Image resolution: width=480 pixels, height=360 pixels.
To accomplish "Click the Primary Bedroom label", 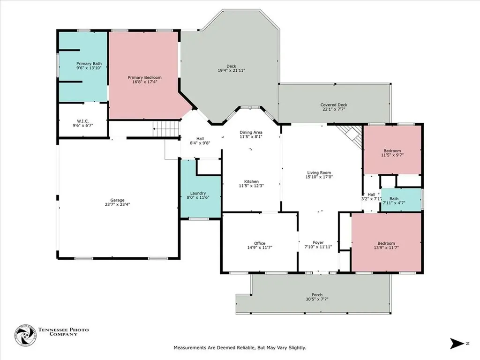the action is click(144, 77).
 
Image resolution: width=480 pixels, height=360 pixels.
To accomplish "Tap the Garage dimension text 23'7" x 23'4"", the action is click(118, 204).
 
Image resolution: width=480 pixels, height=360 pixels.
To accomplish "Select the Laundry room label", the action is click(198, 193).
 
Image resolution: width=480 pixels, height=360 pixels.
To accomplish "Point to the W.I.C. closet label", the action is click(82, 121).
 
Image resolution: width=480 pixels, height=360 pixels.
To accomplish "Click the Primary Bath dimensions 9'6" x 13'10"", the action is click(89, 68).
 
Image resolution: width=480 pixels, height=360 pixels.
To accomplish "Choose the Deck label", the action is click(232, 66).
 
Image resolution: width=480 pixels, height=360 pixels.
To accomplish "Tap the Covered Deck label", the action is click(334, 105).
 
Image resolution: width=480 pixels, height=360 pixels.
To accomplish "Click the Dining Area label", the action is click(251, 132).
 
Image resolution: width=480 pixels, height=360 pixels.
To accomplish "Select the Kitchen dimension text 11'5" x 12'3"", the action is click(251, 186).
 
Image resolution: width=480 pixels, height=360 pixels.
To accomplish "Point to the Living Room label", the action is click(319, 172).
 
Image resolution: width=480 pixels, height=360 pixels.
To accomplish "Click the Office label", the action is click(260, 243).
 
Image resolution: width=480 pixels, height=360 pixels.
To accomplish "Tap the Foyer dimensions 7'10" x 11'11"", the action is click(318, 247).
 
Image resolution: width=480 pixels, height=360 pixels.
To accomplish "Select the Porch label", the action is click(317, 295).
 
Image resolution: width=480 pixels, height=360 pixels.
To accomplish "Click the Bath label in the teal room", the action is click(394, 199).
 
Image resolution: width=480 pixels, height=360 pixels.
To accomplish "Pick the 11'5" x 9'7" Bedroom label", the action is click(392, 150).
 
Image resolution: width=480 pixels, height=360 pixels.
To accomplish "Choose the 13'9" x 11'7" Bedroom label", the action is click(386, 243).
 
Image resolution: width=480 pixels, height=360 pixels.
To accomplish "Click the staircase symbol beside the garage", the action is click(166, 128).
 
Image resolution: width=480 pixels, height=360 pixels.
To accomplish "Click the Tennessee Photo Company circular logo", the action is click(25, 336).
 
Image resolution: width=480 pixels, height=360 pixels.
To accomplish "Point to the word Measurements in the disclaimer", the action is click(190, 348).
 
